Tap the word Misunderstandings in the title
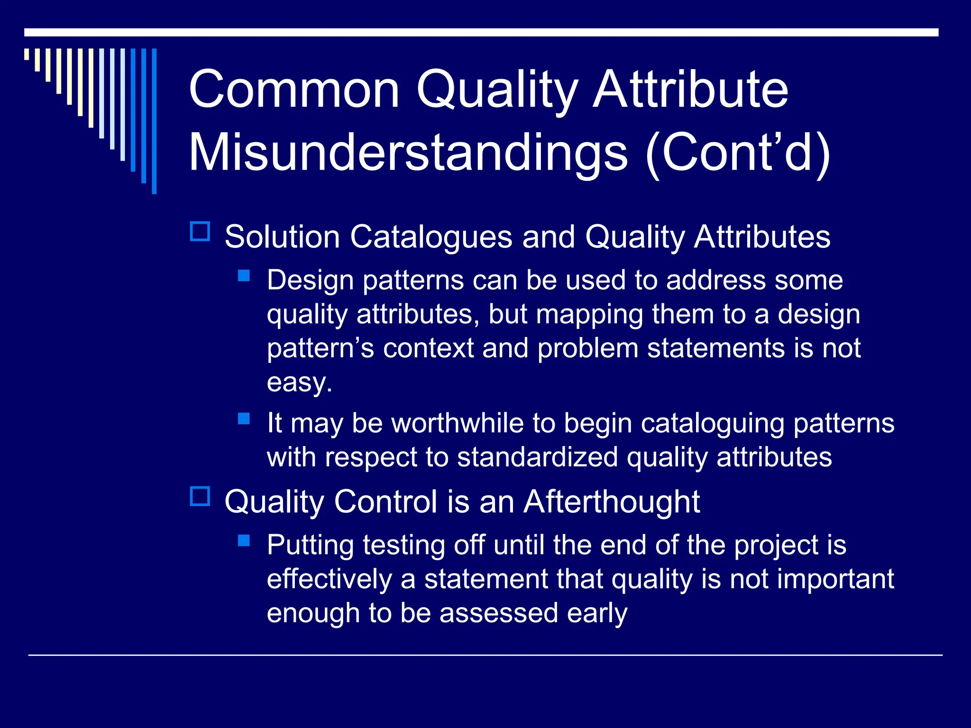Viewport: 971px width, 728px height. (x=408, y=153)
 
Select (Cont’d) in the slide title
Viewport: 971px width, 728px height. (x=738, y=153)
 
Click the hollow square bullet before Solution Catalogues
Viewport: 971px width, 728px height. (x=200, y=232)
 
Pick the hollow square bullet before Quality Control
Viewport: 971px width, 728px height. (x=200, y=496)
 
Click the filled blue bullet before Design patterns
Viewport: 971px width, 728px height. (x=244, y=276)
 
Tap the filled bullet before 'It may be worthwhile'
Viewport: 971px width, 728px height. (x=244, y=419)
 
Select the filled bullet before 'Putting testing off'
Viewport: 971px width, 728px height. (x=244, y=541)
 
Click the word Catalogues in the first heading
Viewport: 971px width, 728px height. (x=431, y=237)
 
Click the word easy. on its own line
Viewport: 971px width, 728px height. (x=299, y=382)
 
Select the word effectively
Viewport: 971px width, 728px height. (x=329, y=579)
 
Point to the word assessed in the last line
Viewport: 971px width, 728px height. (x=498, y=613)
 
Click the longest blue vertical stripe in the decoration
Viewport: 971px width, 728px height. (x=154, y=121)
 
